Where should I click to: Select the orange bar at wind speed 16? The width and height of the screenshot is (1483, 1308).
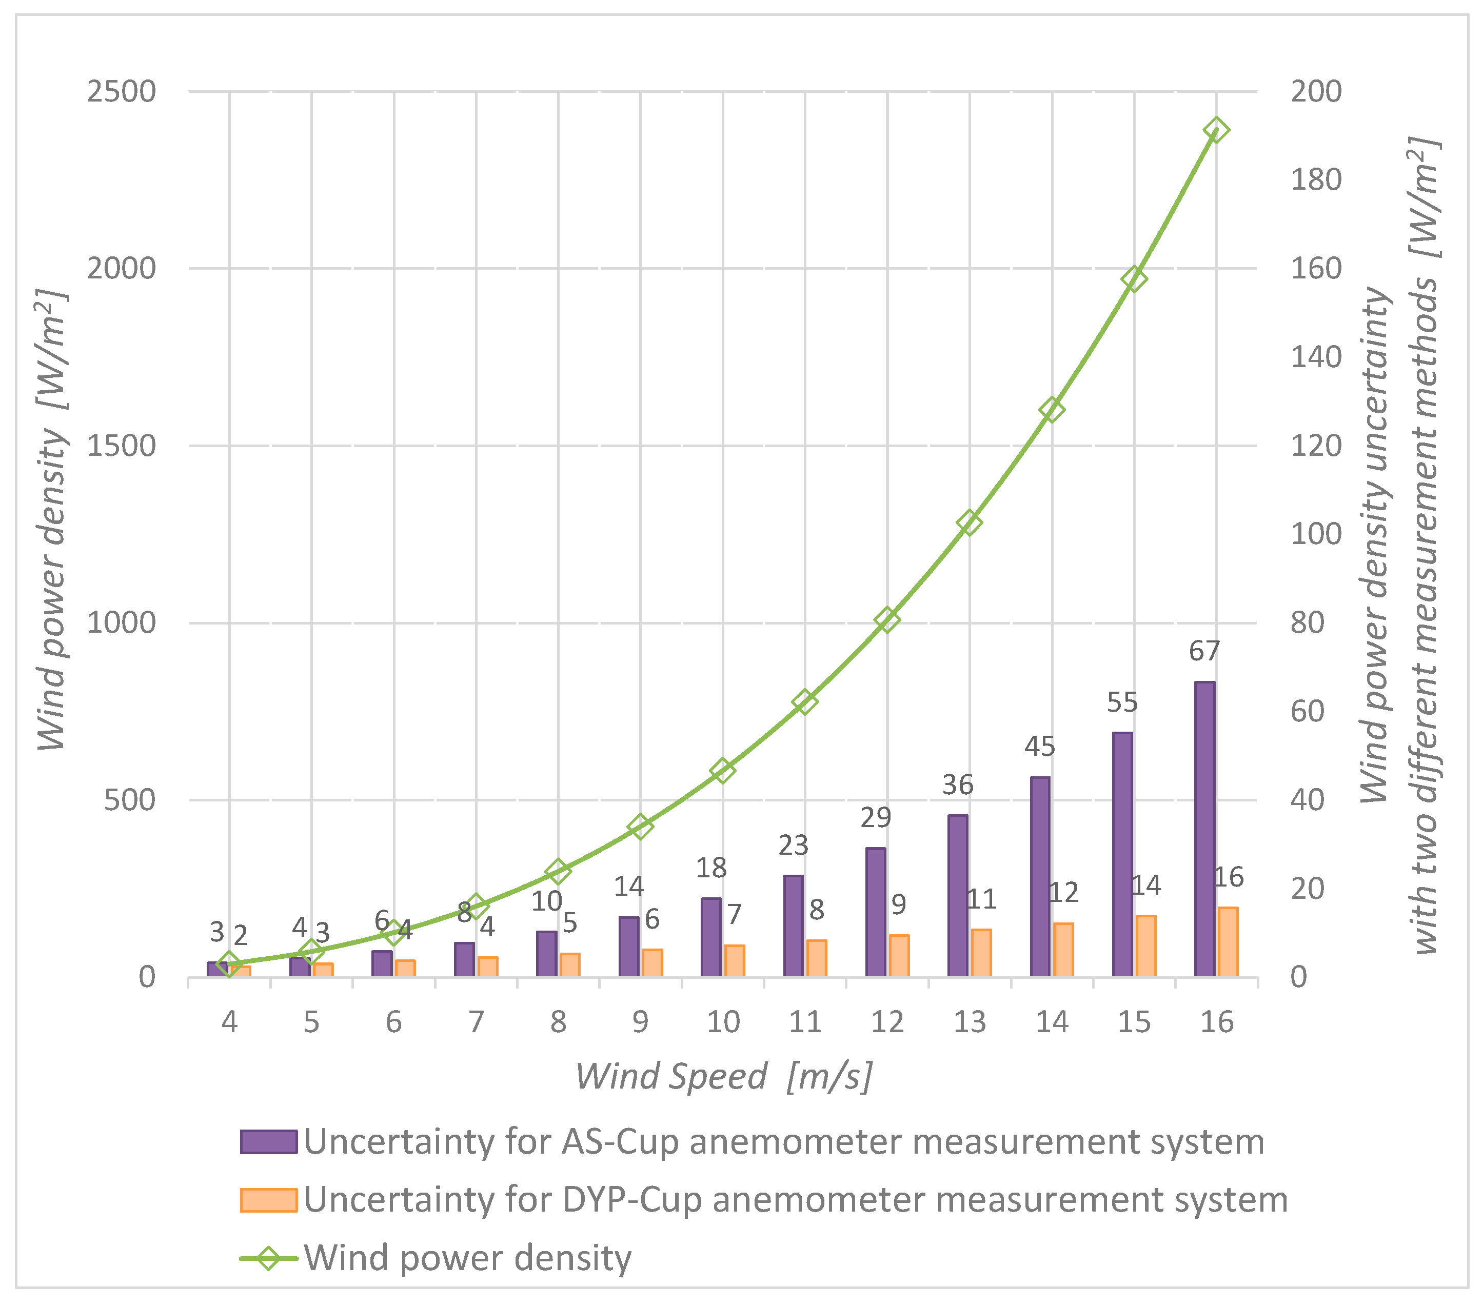[1228, 942]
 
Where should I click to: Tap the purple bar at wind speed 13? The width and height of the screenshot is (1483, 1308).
[958, 896]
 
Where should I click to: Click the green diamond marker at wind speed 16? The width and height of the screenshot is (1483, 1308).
[1216, 131]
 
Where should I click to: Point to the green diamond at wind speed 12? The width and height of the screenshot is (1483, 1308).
[886, 620]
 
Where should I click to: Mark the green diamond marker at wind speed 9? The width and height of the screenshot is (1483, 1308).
[640, 826]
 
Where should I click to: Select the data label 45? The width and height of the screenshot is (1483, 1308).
[1040, 747]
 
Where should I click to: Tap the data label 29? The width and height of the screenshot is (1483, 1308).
[875, 818]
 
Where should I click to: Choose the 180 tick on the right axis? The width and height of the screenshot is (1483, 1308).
[1315, 180]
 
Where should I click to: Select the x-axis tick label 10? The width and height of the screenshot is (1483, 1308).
[723, 1022]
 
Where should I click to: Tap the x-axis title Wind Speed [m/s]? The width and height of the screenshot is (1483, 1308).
[723, 1077]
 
